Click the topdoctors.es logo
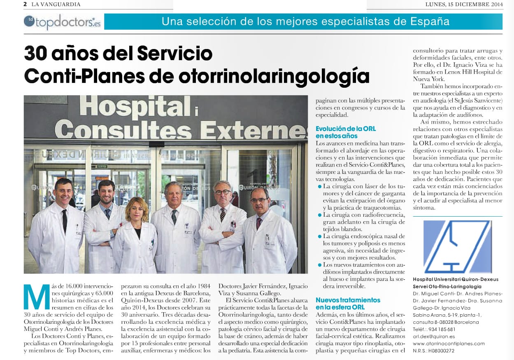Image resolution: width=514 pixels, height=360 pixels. coord(62,22)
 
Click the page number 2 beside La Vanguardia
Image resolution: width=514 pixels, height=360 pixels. coord(25,5)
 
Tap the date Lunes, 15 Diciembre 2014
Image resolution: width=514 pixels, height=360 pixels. coord(464,5)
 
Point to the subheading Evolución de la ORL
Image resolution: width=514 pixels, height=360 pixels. coord(345,129)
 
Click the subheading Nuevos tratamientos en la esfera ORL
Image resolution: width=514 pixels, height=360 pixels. coord(348,304)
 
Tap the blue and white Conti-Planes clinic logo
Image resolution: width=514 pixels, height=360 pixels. coord(457,247)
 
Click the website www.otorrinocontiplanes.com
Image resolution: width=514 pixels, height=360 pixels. coord(449,344)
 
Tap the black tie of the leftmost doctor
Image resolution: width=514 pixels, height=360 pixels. coord(64,220)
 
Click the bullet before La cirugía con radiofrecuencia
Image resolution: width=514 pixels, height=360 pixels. coord(319,215)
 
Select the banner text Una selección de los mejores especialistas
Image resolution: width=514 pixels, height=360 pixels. coord(305,21)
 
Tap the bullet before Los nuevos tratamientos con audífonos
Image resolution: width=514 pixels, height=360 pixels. coord(319,264)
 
